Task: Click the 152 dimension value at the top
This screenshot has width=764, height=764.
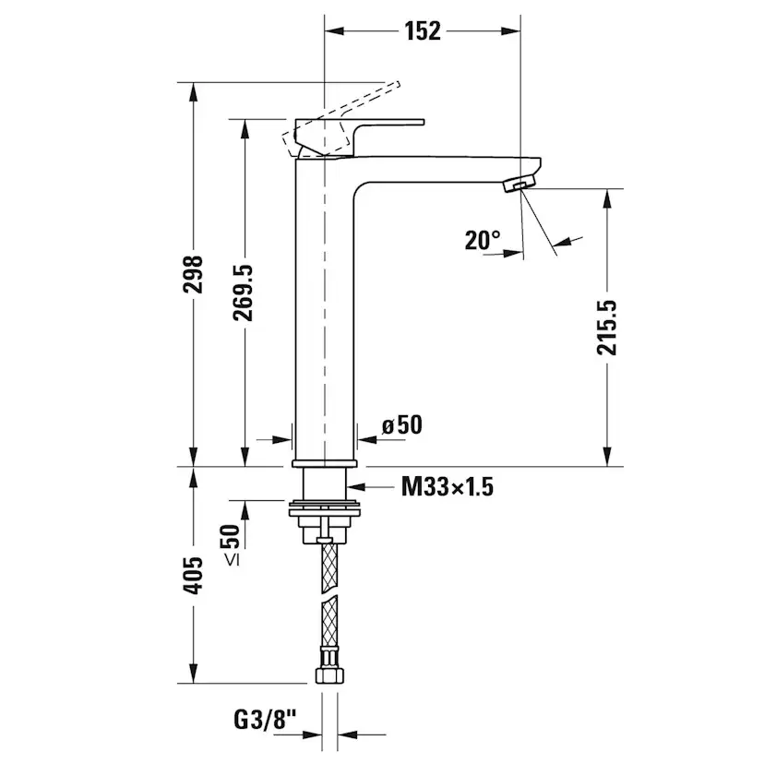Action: (x=423, y=30)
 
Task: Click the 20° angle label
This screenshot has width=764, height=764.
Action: (x=483, y=241)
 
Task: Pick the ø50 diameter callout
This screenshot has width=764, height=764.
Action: (x=401, y=425)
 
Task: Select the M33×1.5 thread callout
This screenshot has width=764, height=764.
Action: (x=447, y=486)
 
